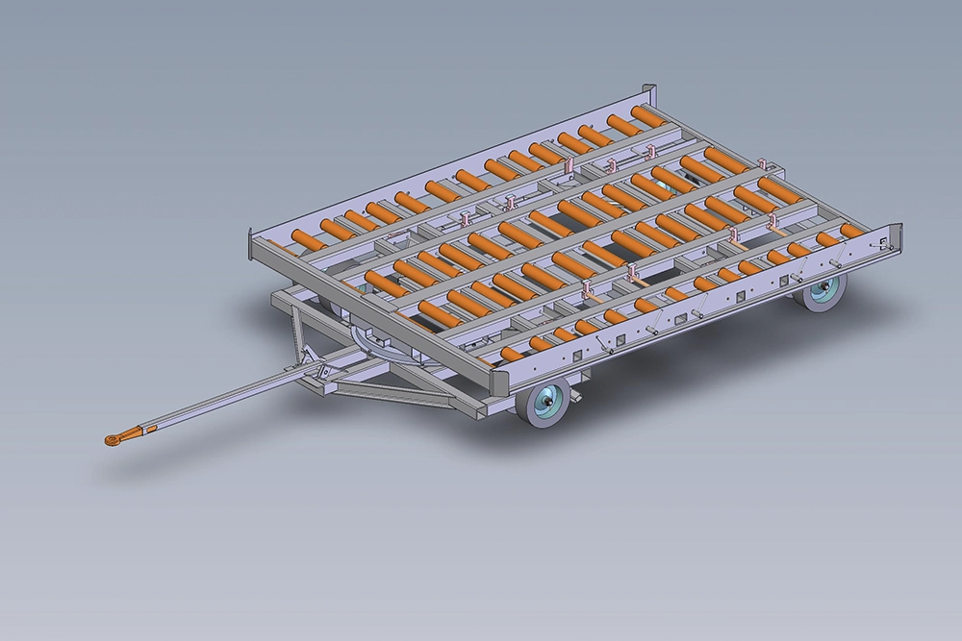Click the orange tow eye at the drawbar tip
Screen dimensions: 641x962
[114, 439]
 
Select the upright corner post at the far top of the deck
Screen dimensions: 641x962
[650, 96]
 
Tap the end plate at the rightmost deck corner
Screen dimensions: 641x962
[892, 241]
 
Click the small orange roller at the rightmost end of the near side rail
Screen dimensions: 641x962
[852, 231]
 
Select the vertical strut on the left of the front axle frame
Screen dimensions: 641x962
[296, 332]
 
